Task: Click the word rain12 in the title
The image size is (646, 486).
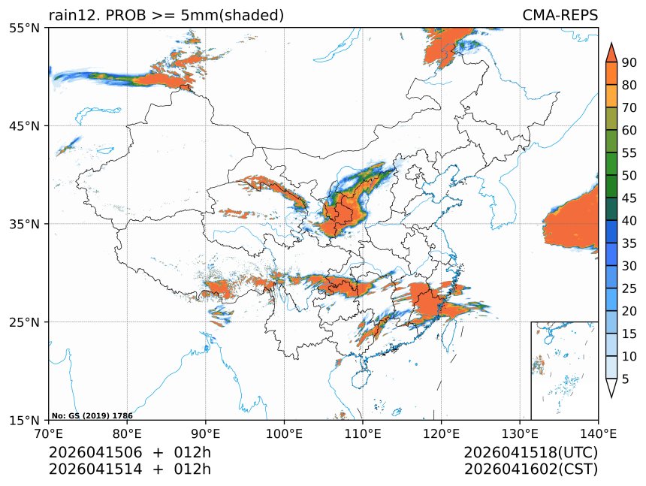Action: click(71, 15)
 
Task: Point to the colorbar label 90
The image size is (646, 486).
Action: click(629, 62)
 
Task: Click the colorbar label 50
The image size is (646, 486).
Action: click(629, 175)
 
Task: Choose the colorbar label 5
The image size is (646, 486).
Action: click(625, 379)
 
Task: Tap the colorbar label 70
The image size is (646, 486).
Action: click(629, 107)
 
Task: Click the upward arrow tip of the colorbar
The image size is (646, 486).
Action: click(611, 45)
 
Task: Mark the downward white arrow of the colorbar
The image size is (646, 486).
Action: click(611, 388)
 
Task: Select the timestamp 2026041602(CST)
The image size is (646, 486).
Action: click(530, 469)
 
